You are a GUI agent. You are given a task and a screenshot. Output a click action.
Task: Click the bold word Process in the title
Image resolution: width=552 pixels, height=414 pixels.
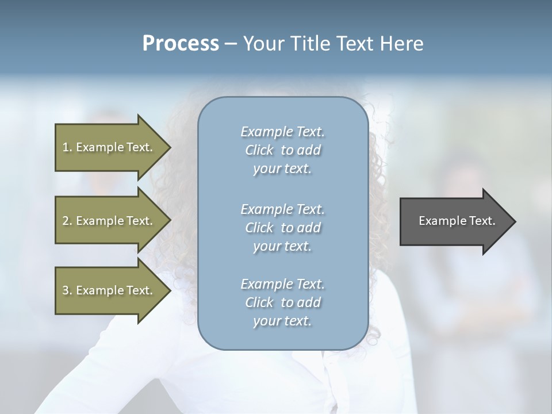181,44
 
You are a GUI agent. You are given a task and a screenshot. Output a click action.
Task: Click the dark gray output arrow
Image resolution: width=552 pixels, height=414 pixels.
454,221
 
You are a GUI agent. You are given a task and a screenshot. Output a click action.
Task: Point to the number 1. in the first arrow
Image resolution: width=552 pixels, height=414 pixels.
67,147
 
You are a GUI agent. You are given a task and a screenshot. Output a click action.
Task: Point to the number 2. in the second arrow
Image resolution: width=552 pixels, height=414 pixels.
67,221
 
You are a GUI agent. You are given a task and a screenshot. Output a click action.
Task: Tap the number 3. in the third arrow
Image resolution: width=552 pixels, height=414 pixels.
67,290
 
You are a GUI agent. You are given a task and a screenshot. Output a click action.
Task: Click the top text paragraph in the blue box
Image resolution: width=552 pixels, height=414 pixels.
282,150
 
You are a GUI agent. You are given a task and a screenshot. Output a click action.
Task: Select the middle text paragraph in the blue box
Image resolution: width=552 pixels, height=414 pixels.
282,227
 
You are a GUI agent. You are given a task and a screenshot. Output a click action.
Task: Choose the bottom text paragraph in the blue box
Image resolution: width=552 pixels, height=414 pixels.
282,302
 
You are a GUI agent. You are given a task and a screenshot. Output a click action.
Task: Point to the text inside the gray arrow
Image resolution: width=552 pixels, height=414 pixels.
457,221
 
